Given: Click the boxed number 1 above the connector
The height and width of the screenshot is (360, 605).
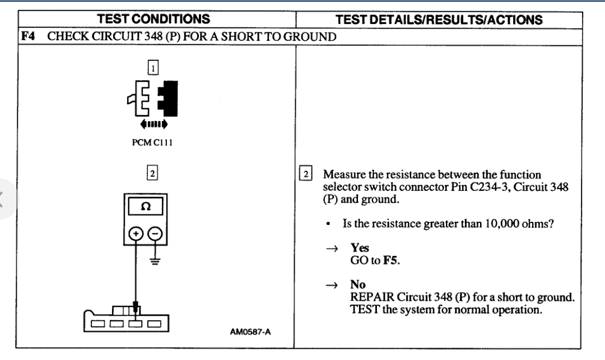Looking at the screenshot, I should pos(152,68).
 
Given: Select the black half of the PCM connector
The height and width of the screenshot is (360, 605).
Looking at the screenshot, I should pos(169,97).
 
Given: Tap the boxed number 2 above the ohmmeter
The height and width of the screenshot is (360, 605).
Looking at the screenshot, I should pos(152,169).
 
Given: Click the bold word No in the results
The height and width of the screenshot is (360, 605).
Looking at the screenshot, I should pos(357,284).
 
